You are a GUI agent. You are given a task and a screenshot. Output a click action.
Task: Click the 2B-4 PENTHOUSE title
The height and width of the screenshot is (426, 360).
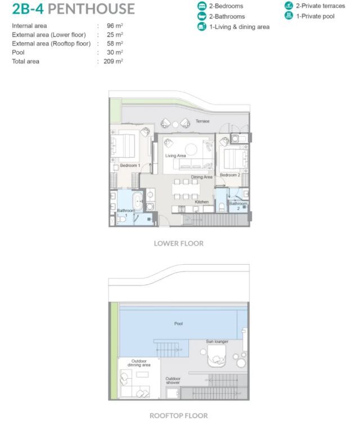pyautogui.click(x=74, y=9)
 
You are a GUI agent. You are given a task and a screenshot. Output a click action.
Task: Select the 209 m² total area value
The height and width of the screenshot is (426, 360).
pyautogui.click(x=113, y=61)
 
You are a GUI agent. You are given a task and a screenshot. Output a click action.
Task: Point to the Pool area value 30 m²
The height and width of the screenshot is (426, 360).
pyautogui.click(x=115, y=52)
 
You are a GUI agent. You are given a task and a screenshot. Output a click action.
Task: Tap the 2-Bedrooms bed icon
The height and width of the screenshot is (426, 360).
pyautogui.click(x=202, y=6)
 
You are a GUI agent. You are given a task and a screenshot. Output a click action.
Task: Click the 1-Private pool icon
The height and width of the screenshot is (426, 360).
pyautogui.click(x=289, y=16)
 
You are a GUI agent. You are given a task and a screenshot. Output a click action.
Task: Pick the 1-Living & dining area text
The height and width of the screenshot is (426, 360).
pyautogui.click(x=239, y=27)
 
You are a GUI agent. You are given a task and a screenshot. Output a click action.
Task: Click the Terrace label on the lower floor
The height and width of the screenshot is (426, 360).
pyautogui.click(x=202, y=121)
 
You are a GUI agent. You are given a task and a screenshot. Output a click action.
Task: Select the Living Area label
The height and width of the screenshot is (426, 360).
pyautogui.click(x=175, y=156)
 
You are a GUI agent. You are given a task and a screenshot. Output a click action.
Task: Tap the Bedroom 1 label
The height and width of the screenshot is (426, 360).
pyautogui.click(x=130, y=165)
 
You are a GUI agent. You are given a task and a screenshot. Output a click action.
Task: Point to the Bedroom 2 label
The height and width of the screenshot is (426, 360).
pyautogui.click(x=230, y=175)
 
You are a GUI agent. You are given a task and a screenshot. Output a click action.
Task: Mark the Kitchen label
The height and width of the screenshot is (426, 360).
pyautogui.click(x=202, y=202)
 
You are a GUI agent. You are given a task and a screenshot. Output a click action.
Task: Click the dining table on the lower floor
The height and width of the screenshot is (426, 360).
pyautogui.click(x=186, y=189)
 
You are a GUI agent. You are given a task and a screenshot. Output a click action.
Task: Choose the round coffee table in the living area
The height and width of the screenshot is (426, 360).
pyautogui.click(x=191, y=149)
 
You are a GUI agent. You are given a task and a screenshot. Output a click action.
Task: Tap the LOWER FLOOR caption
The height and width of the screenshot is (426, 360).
pyautogui.click(x=179, y=243)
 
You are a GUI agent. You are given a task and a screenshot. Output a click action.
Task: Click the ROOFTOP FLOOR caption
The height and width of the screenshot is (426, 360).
pyautogui.click(x=179, y=416)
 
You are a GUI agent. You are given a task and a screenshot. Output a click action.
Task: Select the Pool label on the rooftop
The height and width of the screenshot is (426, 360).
pyautogui.click(x=178, y=324)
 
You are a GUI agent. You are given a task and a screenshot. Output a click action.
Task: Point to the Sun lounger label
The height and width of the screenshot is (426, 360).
pyautogui.click(x=217, y=342)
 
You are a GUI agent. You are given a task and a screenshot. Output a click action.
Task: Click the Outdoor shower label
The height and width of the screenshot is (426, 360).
pyautogui.click(x=173, y=380)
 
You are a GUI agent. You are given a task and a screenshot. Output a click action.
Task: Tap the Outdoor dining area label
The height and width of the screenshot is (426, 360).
pyautogui.click(x=139, y=363)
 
